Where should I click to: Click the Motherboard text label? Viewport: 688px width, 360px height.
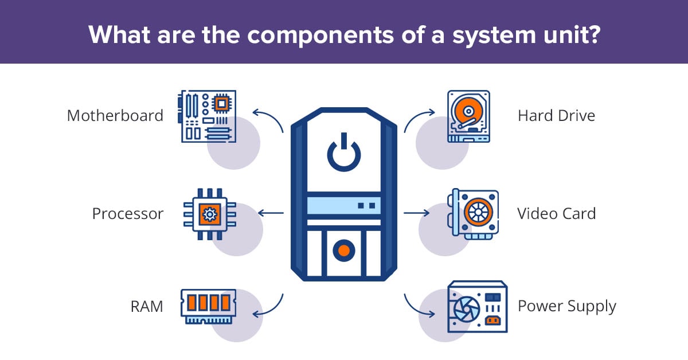(115, 116)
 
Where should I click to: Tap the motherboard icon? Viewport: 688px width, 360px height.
(208, 116)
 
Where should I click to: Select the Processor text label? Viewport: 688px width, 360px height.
(128, 214)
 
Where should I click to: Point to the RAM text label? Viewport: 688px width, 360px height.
(147, 307)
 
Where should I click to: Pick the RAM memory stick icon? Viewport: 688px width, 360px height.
(209, 306)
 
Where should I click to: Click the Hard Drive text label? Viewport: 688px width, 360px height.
(556, 116)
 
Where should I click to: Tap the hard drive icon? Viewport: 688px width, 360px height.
(468, 116)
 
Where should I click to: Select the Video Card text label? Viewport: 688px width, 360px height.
(556, 214)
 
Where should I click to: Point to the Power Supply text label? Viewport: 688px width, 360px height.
(566, 306)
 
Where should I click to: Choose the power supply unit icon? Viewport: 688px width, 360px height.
(477, 307)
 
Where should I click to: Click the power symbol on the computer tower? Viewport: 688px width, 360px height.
(343, 152)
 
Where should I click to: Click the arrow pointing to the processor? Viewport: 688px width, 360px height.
(271, 213)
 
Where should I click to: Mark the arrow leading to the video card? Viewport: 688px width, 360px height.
(417, 213)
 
